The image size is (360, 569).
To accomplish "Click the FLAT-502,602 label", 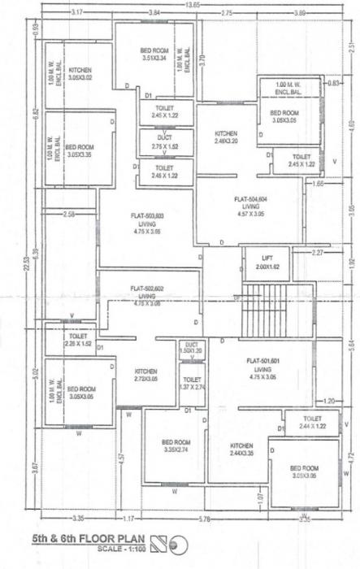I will click(148, 292).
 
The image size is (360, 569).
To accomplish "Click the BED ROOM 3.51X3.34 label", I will click(154, 54).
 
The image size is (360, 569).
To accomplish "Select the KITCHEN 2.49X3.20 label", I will click(226, 137).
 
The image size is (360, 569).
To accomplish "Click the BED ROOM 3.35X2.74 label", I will click(176, 445).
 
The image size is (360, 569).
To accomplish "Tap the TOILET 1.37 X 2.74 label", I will click(193, 384).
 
